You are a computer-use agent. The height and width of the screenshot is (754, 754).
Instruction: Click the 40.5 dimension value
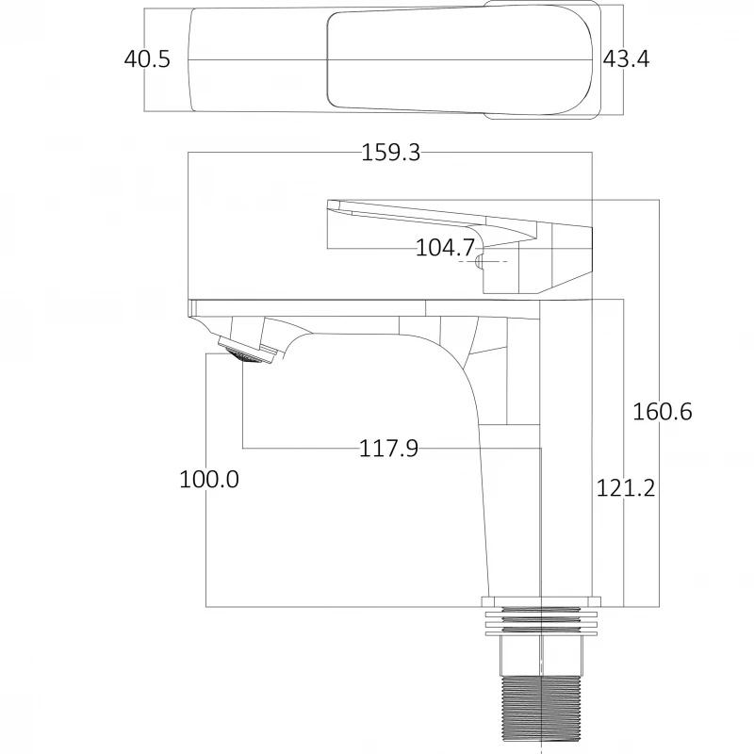[147, 59]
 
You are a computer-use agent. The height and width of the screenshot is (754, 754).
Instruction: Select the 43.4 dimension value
[626, 59]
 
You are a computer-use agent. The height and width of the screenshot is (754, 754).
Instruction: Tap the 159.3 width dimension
[391, 153]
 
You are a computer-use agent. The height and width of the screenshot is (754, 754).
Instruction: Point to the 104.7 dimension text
[445, 248]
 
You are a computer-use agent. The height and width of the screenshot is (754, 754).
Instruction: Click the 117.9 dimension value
[388, 449]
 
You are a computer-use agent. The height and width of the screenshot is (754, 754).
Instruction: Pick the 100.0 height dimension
[209, 479]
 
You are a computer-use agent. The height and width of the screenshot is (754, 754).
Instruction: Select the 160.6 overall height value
[662, 412]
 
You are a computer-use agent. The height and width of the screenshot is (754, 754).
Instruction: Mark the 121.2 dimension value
[625, 488]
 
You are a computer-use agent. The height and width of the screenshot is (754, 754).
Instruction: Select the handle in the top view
[462, 61]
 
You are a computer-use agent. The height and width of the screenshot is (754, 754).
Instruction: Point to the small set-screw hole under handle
[479, 260]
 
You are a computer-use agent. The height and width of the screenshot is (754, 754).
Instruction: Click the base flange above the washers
[541, 600]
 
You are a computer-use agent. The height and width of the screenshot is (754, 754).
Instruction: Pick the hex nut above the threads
[541, 654]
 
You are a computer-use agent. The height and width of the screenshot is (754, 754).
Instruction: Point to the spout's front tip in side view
[193, 311]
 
